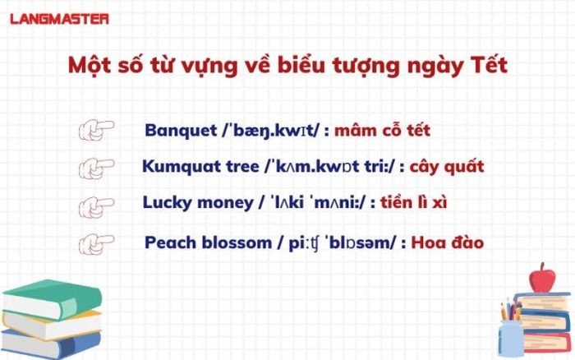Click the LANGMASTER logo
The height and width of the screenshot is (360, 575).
click(59, 18)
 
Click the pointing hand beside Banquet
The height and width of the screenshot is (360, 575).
click(96, 131)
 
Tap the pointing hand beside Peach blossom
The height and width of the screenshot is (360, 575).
click(96, 243)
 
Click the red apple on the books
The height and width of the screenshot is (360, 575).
click(542, 277)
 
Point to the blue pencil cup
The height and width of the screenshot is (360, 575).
click(510, 337)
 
